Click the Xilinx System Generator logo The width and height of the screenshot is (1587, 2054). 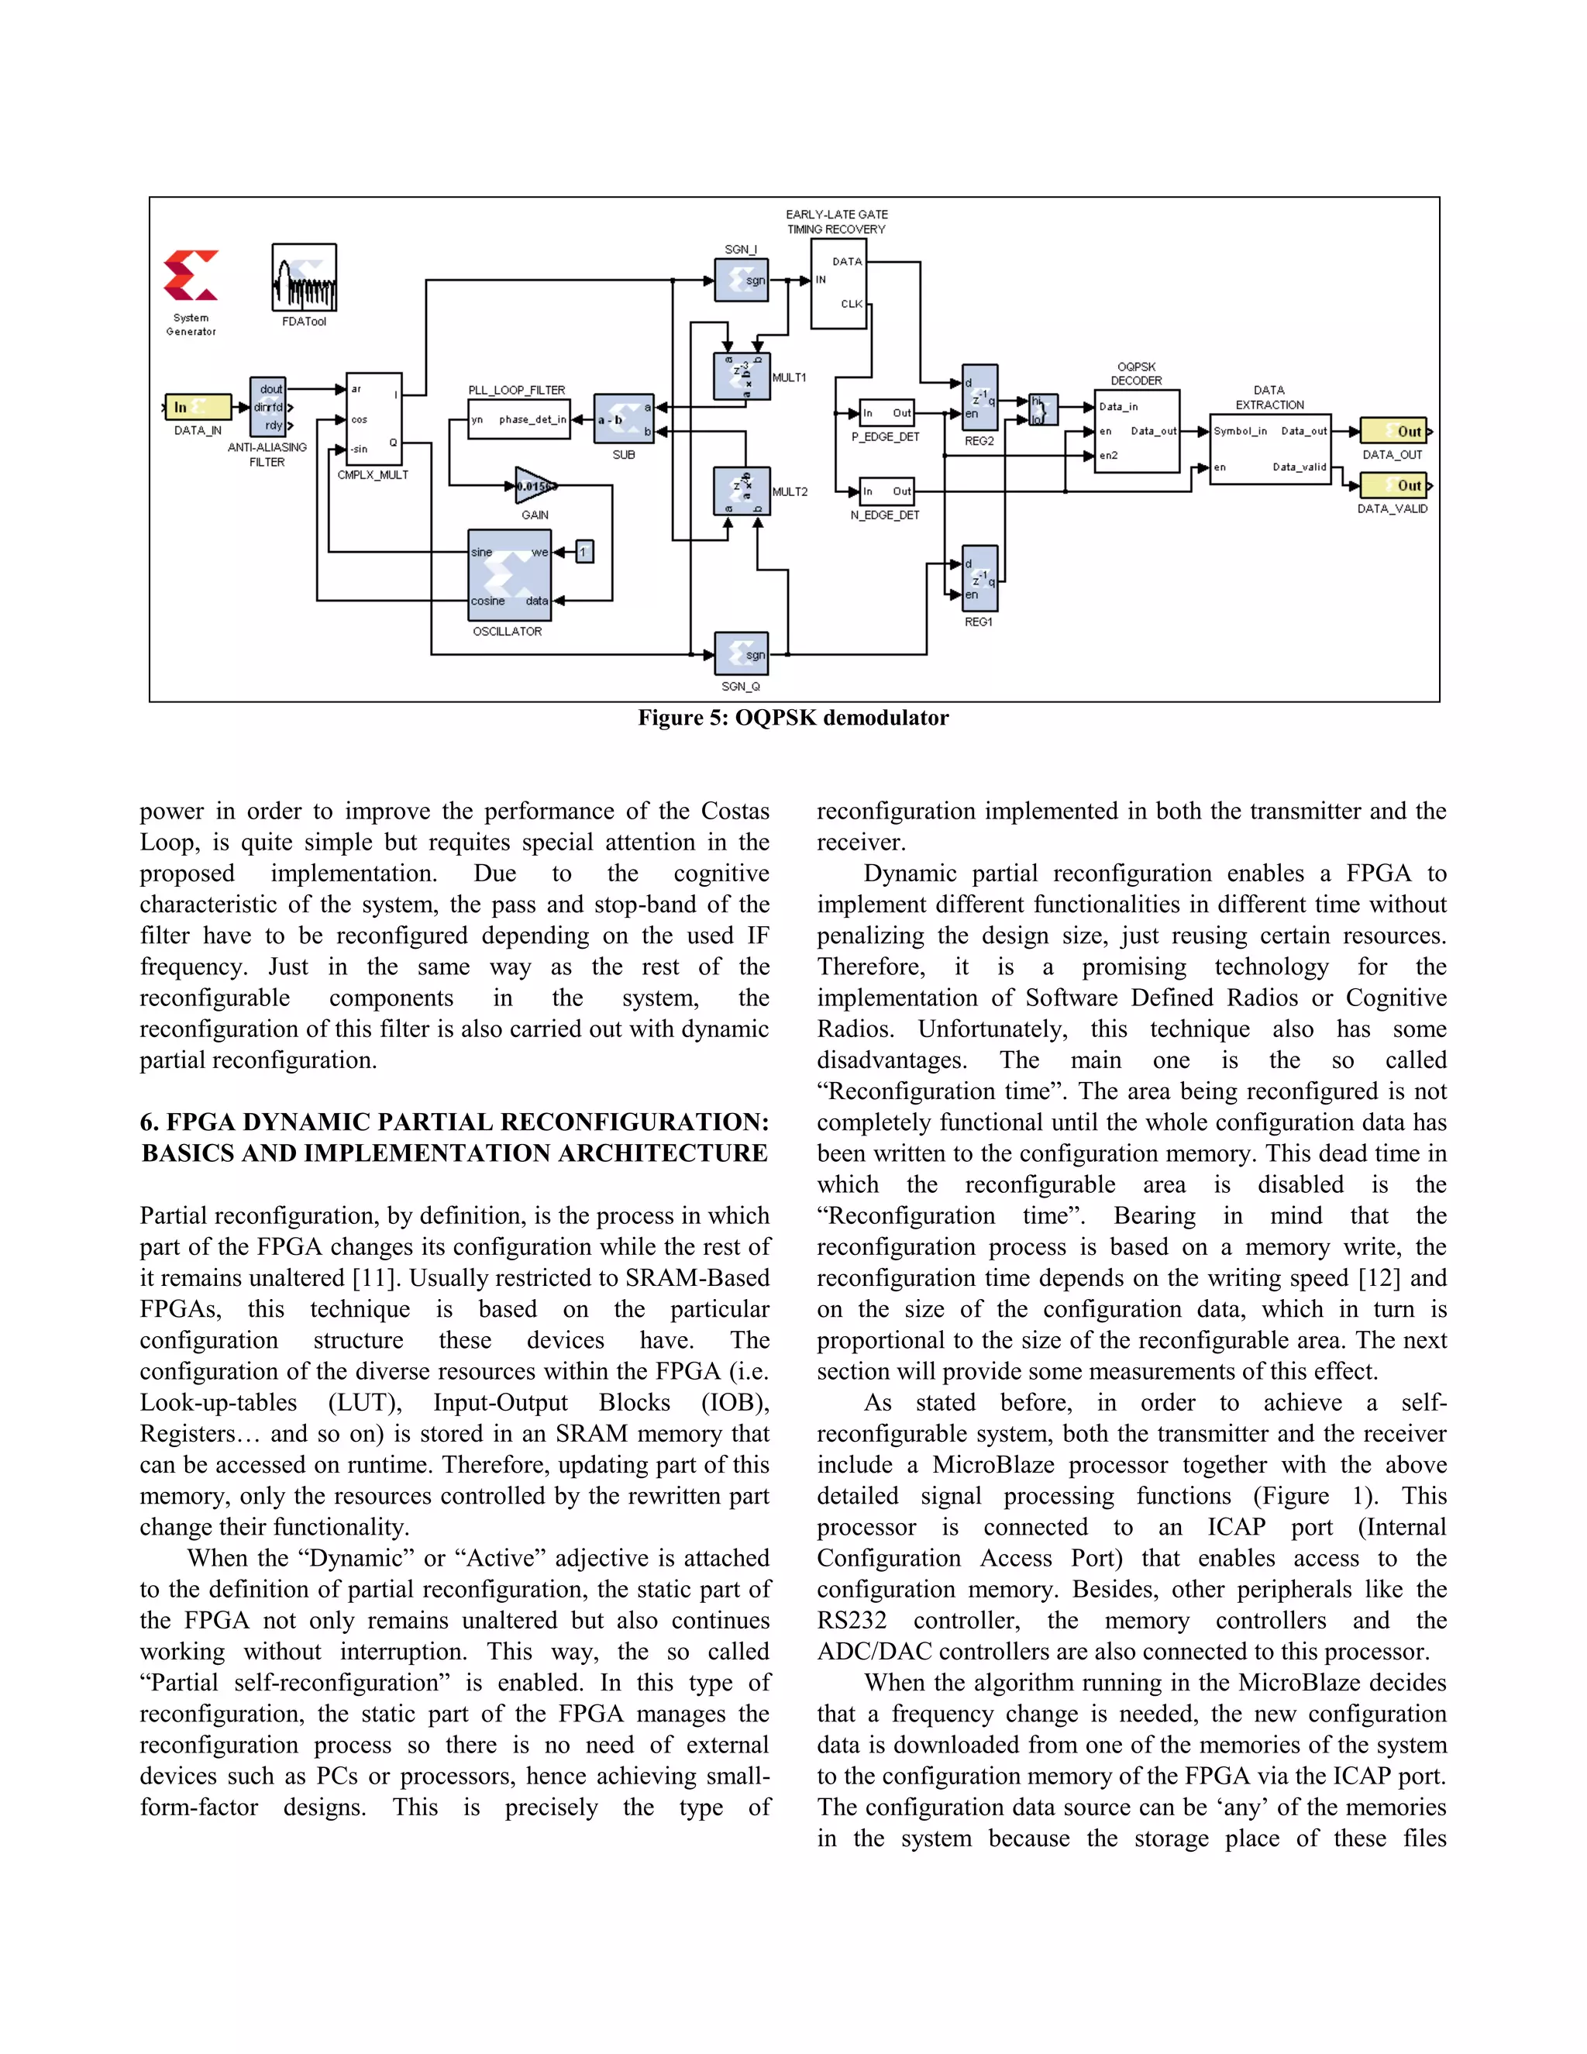pos(191,276)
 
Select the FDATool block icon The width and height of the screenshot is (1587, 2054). pos(304,277)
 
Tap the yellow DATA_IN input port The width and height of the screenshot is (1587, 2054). pos(198,406)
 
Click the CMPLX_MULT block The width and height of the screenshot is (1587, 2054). pos(374,419)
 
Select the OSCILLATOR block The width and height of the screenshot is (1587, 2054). pos(508,574)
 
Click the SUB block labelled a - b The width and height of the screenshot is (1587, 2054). pos(623,419)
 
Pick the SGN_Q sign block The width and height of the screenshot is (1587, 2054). pos(741,653)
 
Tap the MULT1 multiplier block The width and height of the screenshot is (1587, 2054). pos(742,376)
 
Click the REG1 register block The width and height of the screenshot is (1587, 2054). pos(979,578)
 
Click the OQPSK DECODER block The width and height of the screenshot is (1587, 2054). pos(1137,431)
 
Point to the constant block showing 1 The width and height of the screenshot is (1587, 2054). pos(584,552)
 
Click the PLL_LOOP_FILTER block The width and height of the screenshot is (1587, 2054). pos(520,419)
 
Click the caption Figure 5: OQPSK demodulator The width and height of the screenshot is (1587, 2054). pos(793,718)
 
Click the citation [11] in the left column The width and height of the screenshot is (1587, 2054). pos(378,1278)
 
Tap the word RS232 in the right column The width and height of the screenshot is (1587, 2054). pos(851,1621)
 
